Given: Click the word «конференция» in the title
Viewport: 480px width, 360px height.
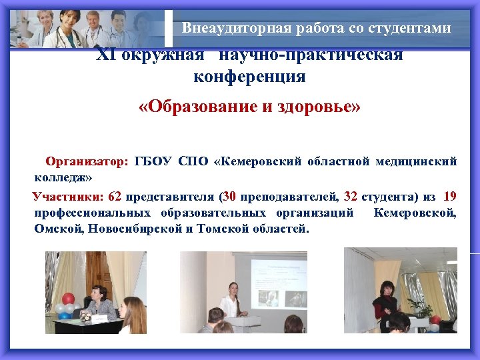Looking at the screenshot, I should [249, 77].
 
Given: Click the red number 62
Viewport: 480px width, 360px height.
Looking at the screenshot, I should [114, 197].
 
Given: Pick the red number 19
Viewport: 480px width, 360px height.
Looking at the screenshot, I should [449, 197].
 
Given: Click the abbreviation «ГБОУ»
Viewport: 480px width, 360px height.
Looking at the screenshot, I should [153, 161].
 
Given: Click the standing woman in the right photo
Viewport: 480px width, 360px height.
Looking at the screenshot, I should [387, 303].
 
